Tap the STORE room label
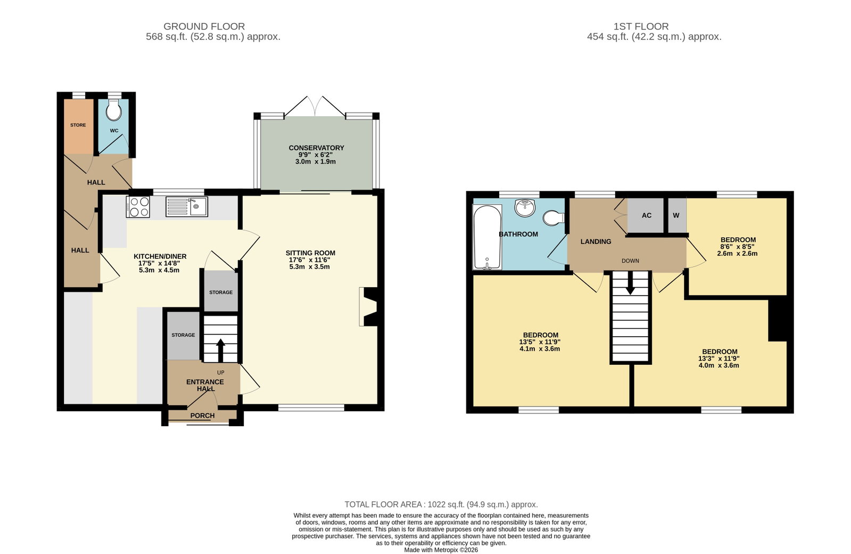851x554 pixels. pyautogui.click(x=78, y=125)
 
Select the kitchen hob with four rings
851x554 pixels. pyautogui.click(x=138, y=207)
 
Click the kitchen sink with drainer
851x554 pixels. pyautogui.click(x=186, y=207)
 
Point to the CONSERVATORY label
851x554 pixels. pyautogui.click(x=316, y=148)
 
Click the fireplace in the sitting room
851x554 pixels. pyautogui.click(x=368, y=306)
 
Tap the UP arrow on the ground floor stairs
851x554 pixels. pyautogui.click(x=220, y=350)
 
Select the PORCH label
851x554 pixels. pyautogui.click(x=202, y=415)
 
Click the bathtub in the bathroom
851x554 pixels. pyautogui.click(x=487, y=237)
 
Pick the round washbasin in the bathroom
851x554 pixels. pyautogui.click(x=525, y=208)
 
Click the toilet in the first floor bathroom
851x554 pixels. pyautogui.click(x=554, y=218)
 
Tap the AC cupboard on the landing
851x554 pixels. pyautogui.click(x=646, y=215)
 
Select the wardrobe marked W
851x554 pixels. pyautogui.click(x=677, y=215)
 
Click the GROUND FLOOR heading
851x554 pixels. pyautogui.click(x=204, y=26)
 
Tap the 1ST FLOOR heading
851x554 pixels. pyautogui.click(x=641, y=26)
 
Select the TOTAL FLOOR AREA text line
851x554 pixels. pyautogui.click(x=441, y=504)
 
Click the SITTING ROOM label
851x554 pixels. pyautogui.click(x=310, y=253)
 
